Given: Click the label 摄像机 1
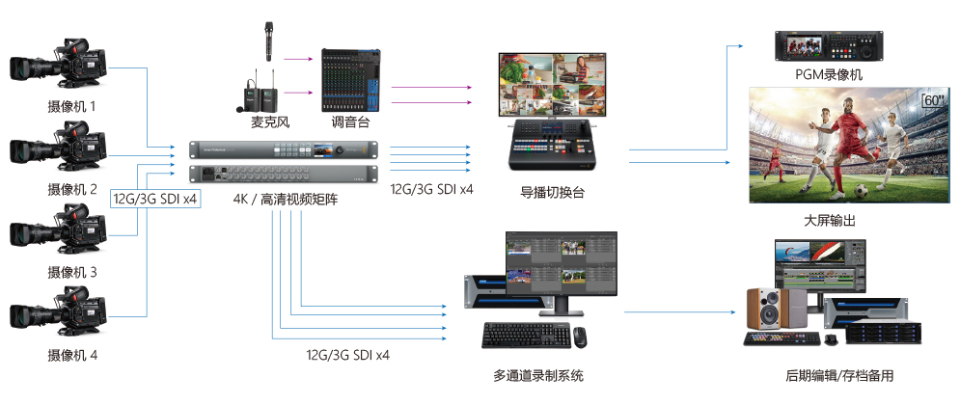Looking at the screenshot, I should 72,106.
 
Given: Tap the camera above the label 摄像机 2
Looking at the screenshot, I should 61,149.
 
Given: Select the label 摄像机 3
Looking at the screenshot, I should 72,272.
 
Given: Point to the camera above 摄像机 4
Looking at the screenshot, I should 61,314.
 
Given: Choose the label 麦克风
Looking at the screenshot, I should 270,123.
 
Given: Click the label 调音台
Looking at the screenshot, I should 350,123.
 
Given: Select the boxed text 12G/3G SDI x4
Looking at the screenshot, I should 156,200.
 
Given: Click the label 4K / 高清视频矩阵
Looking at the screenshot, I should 286,200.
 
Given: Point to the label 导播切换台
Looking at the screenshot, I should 552,193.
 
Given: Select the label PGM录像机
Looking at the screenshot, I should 829,75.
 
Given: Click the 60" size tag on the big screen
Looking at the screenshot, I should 932,99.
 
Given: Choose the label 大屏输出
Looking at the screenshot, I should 829,221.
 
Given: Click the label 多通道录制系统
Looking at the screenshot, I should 537,375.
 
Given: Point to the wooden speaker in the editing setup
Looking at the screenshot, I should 768,308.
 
